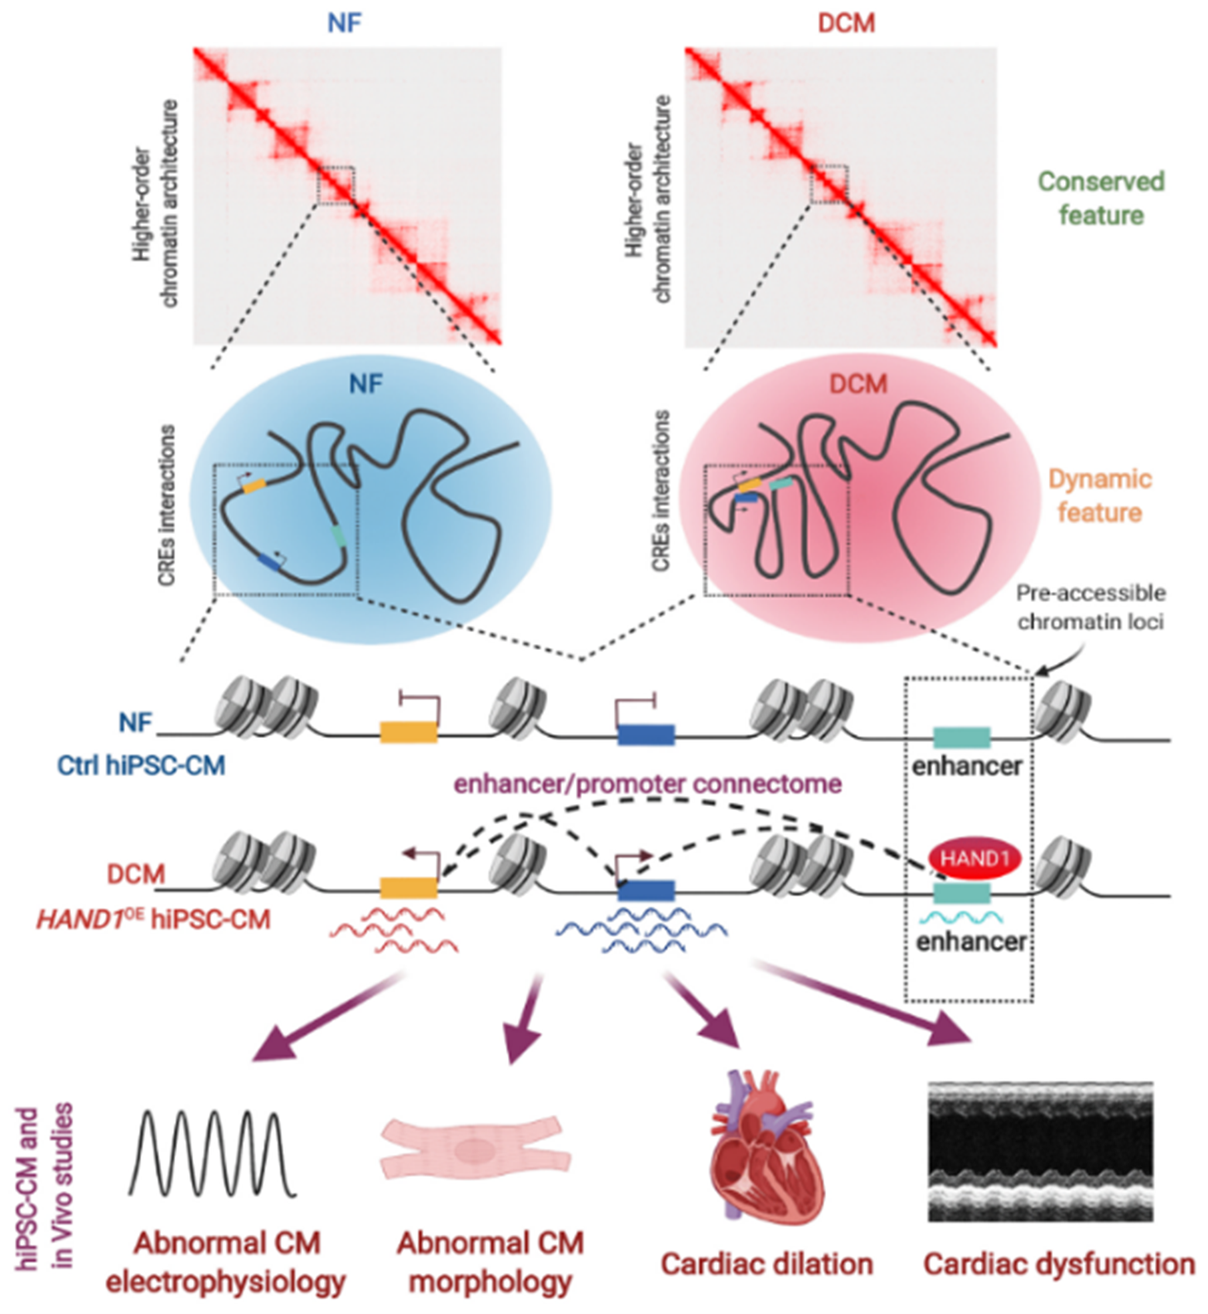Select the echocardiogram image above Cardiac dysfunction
[1040, 1151]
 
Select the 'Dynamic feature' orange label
[1100, 495]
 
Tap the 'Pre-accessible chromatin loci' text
[1091, 607]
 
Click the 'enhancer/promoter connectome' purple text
[648, 784]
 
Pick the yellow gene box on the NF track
[409, 731]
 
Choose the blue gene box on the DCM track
[646, 891]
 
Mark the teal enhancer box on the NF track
[961, 737]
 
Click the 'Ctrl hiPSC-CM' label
[141, 765]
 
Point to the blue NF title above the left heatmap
[344, 22]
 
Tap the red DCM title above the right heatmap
[846, 22]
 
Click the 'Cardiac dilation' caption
[767, 1265]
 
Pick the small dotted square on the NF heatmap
[336, 185]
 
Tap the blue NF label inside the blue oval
[366, 384]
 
